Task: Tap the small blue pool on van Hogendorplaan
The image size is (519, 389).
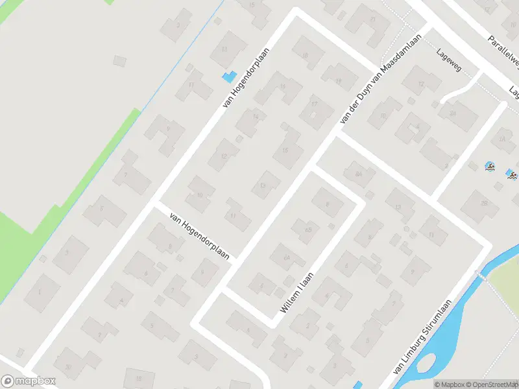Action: pyautogui.click(x=228, y=77)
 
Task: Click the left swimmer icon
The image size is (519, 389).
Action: pyautogui.click(x=490, y=168)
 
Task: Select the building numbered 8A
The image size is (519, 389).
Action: pyautogui.click(x=359, y=174)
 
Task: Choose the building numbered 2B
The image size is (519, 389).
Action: pyautogui.click(x=483, y=203)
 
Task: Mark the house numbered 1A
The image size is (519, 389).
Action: pyautogui.click(x=501, y=139)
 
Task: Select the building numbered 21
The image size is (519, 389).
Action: pyautogui.click(x=372, y=19)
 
